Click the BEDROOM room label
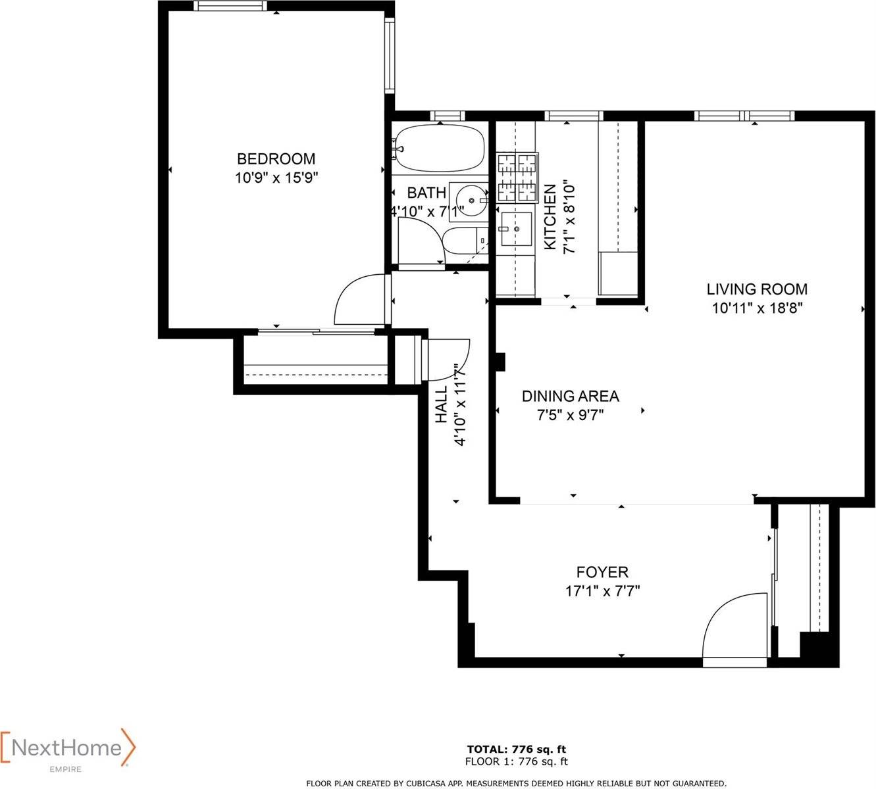[276, 158]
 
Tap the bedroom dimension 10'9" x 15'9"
[276, 177]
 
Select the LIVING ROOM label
[757, 289]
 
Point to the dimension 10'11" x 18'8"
[757, 308]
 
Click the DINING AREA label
[570, 396]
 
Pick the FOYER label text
[602, 572]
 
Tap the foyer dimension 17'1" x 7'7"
[602, 590]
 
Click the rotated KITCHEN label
[550, 217]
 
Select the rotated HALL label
[441, 404]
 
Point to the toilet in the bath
[464, 241]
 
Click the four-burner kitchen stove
[517, 176]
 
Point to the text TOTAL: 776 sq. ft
[516, 749]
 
